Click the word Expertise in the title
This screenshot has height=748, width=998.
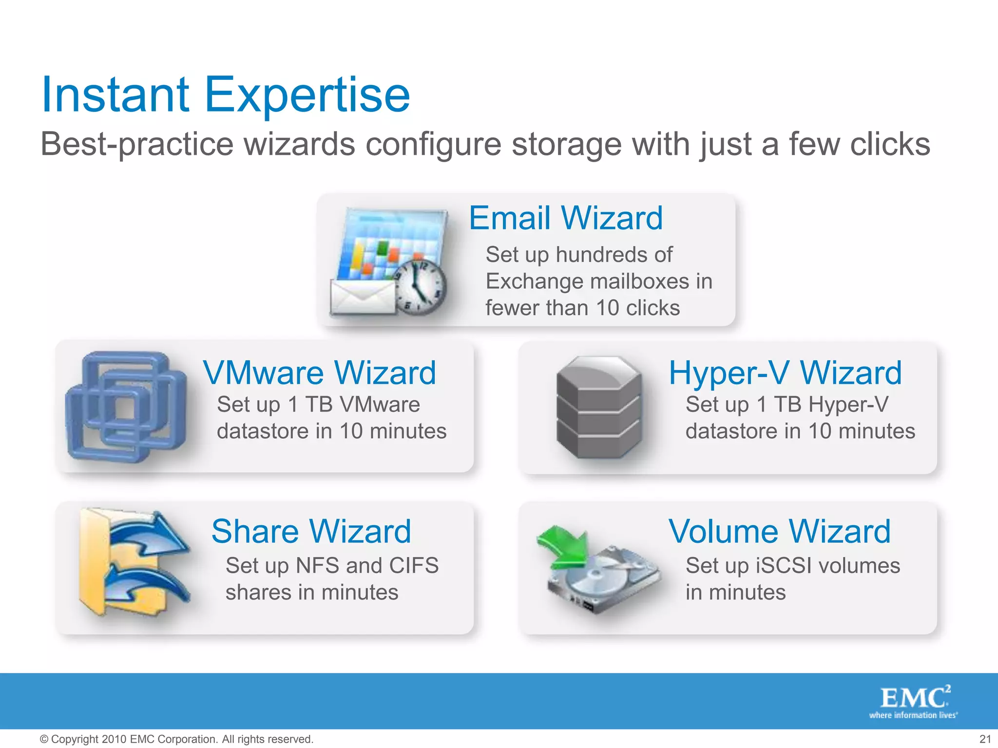click(307, 95)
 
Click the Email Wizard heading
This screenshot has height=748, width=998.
click(565, 218)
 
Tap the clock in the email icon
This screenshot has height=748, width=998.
click(420, 287)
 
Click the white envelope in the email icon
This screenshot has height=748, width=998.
click(363, 297)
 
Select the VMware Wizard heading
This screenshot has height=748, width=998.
click(319, 373)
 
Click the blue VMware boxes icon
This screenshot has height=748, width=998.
click(126, 407)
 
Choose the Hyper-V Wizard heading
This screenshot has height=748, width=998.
click(785, 373)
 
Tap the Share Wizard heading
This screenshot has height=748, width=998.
click(311, 531)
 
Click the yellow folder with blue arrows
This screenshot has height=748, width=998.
click(132, 562)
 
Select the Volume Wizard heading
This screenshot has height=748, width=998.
click(779, 531)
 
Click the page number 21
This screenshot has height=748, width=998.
click(985, 739)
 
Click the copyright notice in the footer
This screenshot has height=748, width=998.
click(176, 739)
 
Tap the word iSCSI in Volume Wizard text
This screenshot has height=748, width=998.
click(783, 566)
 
